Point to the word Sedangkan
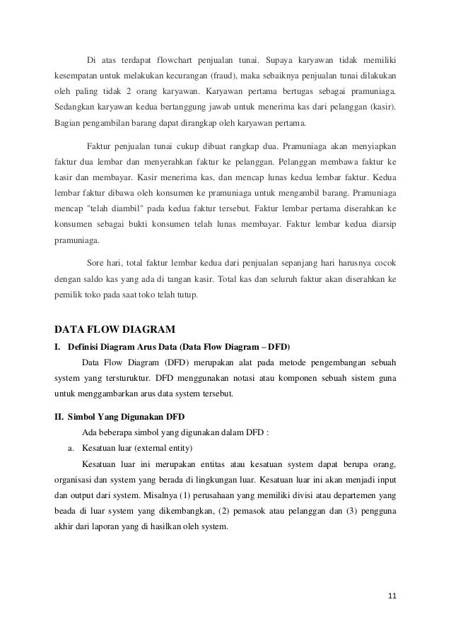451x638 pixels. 74,109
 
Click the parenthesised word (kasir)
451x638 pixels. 382,109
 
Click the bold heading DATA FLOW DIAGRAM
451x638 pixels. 115,329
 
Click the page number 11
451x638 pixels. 392,596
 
